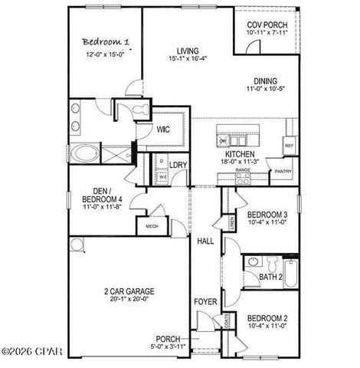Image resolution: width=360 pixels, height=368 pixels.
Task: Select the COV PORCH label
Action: click(x=266, y=24)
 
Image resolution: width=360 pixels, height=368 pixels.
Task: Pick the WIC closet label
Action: click(x=162, y=130)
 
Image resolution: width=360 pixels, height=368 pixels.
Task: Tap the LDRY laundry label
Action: click(x=178, y=165)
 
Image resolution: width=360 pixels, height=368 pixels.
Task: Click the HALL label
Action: click(x=205, y=242)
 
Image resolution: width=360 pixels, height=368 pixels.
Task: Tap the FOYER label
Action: click(x=205, y=302)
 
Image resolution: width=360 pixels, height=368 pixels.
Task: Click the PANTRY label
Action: click(x=283, y=172)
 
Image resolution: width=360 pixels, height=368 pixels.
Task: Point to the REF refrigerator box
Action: click(x=289, y=146)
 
